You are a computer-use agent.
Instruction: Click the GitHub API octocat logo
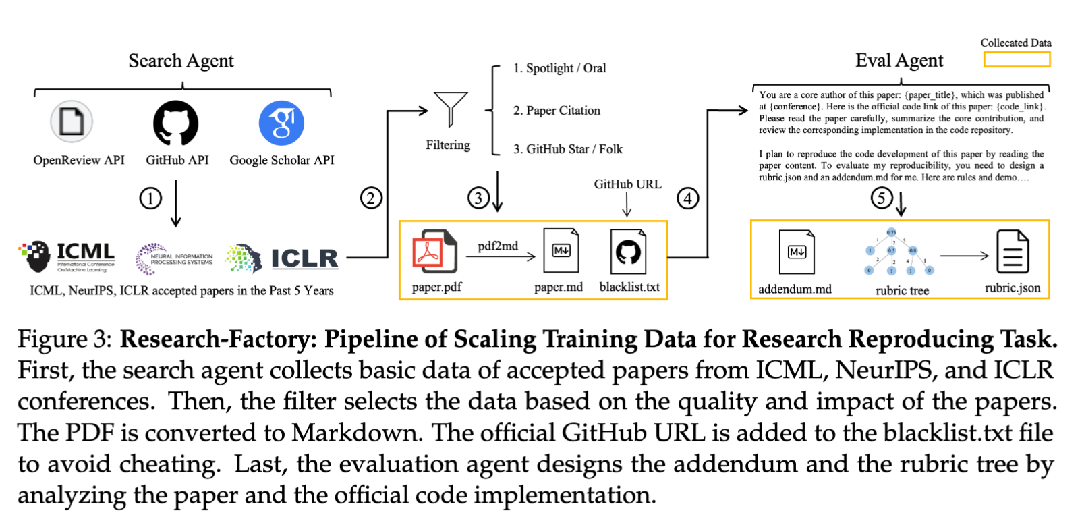click(x=176, y=124)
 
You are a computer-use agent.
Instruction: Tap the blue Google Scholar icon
click(x=281, y=124)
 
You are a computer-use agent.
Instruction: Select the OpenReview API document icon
click(x=72, y=122)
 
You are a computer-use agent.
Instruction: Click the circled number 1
click(x=150, y=198)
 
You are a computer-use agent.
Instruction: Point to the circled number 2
click(x=371, y=198)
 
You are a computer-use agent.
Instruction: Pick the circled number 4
click(x=687, y=198)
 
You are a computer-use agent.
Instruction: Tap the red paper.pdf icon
click(x=434, y=251)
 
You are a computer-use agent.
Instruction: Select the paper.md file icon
click(x=561, y=251)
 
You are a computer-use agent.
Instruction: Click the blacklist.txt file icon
click(x=627, y=251)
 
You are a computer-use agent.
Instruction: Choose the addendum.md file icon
click(x=796, y=252)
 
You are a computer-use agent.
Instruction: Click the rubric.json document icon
click(x=1013, y=252)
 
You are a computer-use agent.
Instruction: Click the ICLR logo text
click(x=304, y=258)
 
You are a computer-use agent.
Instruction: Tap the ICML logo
click(x=67, y=256)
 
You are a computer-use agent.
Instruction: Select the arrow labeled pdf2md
click(x=501, y=256)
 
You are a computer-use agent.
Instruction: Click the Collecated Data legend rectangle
click(x=1017, y=60)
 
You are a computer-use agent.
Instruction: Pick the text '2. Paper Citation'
click(x=557, y=111)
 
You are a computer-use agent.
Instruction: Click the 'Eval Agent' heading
click(x=899, y=61)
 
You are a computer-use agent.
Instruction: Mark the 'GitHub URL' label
click(x=627, y=184)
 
